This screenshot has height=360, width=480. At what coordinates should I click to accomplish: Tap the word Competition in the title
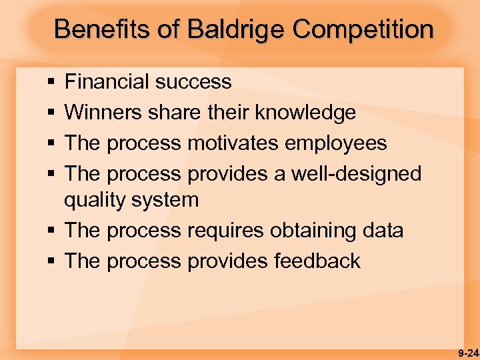pyautogui.click(x=363, y=29)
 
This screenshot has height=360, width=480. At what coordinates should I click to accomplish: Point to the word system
pyautogui.click(x=166, y=200)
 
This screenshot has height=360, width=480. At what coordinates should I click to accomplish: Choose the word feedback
pyautogui.click(x=317, y=261)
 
